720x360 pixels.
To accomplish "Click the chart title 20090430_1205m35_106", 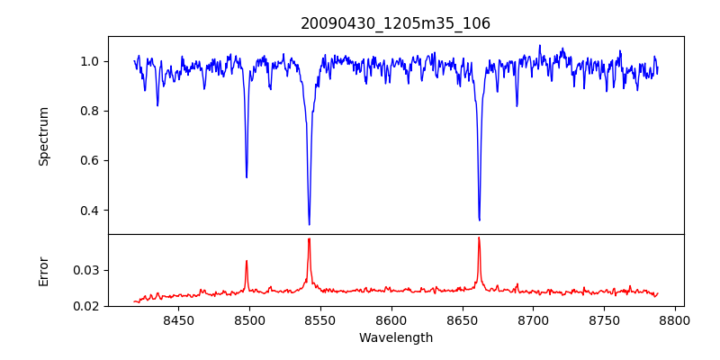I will [395, 23].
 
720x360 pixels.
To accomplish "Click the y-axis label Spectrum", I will [43, 136].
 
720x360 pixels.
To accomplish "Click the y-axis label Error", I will [43, 270].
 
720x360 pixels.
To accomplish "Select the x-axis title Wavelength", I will [395, 338].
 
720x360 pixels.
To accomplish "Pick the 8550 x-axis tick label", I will [320, 319].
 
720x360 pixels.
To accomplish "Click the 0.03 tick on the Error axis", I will [88, 270].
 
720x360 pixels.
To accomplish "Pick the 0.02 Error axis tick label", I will [88, 306].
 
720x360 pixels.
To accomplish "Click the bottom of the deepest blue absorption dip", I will [309, 224].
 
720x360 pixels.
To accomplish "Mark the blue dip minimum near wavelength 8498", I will [247, 176].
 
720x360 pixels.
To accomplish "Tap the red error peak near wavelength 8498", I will [247, 261].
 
